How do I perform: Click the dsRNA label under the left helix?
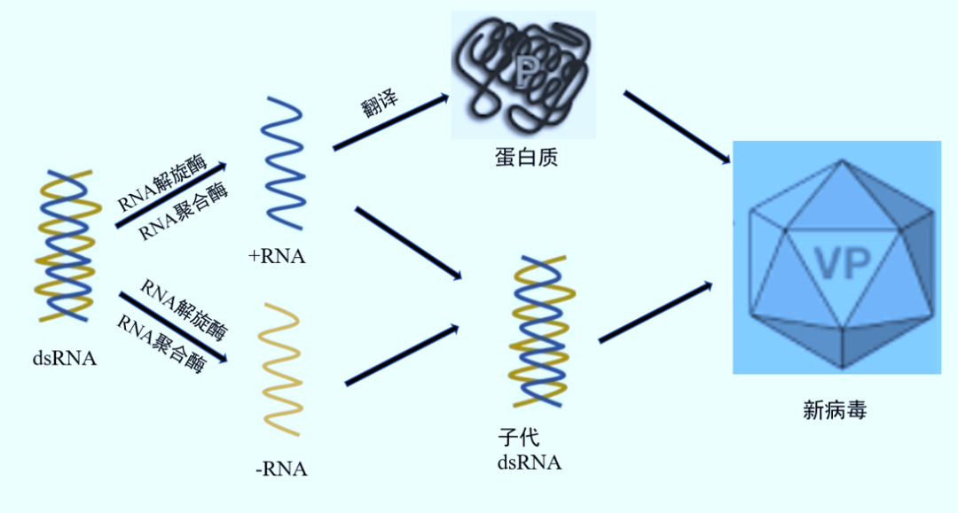point(64,359)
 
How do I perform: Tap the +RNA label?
point(277,257)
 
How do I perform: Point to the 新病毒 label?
point(834,410)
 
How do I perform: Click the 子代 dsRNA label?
point(529,450)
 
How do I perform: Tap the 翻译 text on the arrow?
point(380,105)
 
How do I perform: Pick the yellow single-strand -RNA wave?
point(282,370)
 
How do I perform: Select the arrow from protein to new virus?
point(677,127)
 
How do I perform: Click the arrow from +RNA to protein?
point(390,122)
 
